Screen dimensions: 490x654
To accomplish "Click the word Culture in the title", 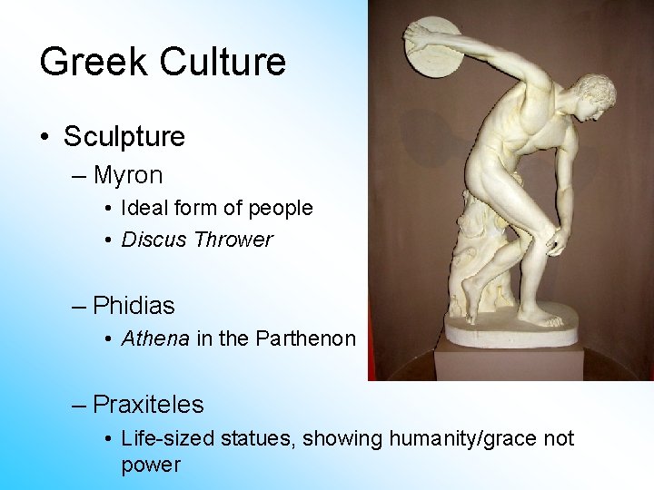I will pyautogui.click(x=223, y=62).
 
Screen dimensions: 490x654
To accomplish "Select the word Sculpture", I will pyautogui.click(x=124, y=137).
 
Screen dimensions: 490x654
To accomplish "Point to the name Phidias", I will pyautogui.click(x=134, y=305).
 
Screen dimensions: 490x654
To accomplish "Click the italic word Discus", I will pyautogui.click(x=152, y=240).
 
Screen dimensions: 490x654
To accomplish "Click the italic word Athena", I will pyautogui.click(x=155, y=338).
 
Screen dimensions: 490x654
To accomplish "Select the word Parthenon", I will pyautogui.click(x=306, y=338).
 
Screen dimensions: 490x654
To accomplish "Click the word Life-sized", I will pyautogui.click(x=164, y=439).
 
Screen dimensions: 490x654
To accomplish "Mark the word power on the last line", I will pyautogui.click(x=151, y=465).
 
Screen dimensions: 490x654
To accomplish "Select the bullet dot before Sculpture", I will pyautogui.click(x=45, y=138).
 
